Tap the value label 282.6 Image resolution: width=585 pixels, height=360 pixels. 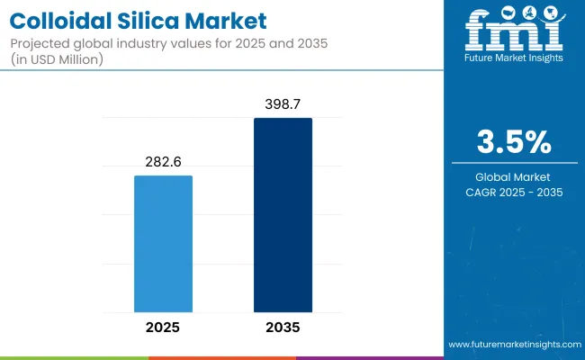(163, 163)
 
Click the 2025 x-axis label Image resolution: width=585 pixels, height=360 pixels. (163, 327)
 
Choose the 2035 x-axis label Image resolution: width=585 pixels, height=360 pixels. (283, 327)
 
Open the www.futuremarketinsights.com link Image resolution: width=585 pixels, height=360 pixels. (513, 345)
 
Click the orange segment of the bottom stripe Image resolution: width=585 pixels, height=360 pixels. (221, 357)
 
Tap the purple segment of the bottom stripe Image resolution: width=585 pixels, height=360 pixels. (369, 357)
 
